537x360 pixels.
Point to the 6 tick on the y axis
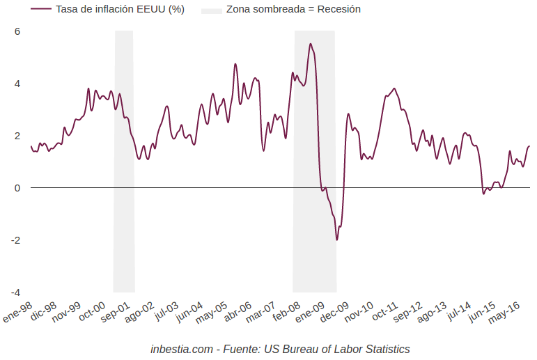tap(17, 31)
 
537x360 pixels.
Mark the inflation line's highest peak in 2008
tap(311, 44)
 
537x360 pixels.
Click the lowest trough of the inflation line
tap(337, 240)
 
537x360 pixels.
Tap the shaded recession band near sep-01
tap(124, 160)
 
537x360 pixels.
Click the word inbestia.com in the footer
tap(180, 349)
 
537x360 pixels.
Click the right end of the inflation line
tap(529, 146)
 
